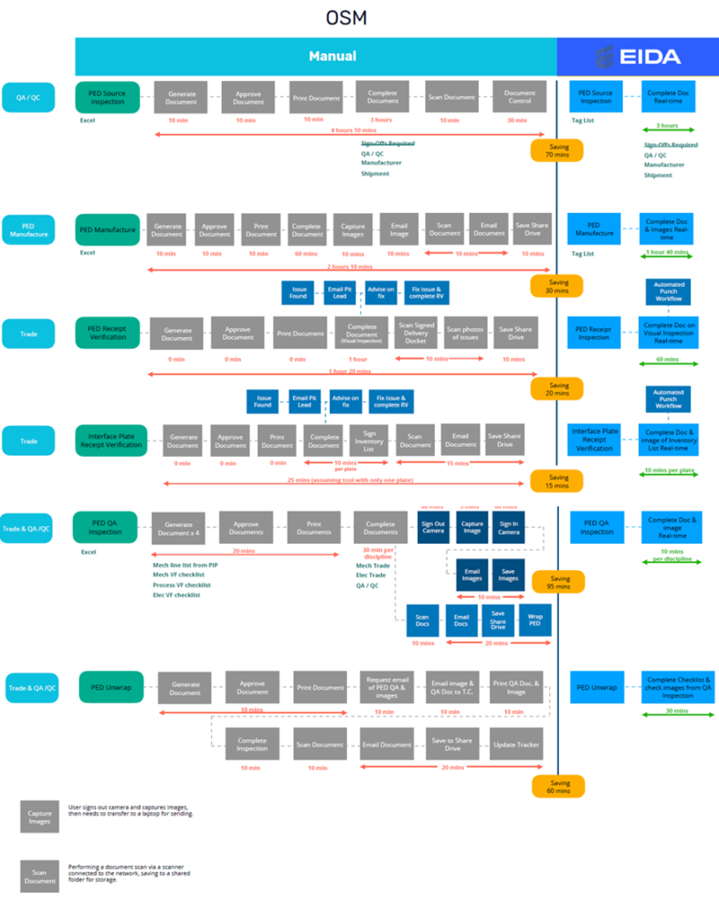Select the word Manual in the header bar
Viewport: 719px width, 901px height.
(332, 56)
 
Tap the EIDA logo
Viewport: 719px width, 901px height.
(638, 57)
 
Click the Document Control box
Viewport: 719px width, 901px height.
(519, 97)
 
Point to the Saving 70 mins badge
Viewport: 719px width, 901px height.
(556, 150)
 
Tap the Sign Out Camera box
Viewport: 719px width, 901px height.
(432, 527)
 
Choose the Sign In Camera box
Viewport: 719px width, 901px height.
(509, 527)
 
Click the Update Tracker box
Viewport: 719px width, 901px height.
(515, 744)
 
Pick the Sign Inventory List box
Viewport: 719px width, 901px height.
(368, 440)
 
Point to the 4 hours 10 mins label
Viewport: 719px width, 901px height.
(354, 130)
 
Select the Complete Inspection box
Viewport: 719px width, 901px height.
(252, 744)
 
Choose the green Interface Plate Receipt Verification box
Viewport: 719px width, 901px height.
(110, 440)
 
